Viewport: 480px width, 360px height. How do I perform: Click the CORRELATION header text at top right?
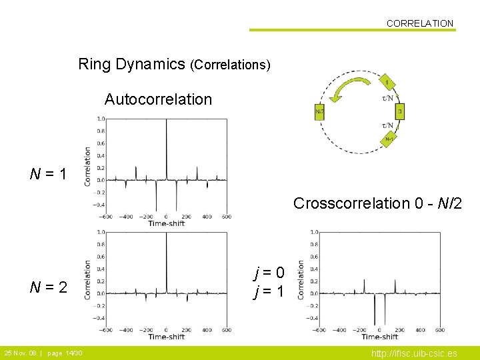pos(419,23)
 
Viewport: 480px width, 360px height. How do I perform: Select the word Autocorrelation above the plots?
pos(158,100)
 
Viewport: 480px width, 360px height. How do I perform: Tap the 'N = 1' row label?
pos(48,175)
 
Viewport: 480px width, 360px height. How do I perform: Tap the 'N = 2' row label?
pos(48,287)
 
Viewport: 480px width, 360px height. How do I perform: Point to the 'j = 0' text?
pos(269,272)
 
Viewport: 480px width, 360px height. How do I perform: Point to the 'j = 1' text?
pos(269,291)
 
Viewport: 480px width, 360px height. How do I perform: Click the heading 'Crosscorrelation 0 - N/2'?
pos(377,203)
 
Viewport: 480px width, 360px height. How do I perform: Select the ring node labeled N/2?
pos(319,111)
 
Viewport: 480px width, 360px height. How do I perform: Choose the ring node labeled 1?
pos(387,82)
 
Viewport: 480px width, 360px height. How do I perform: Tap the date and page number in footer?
pos(43,353)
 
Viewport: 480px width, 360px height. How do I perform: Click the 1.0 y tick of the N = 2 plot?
pos(100,232)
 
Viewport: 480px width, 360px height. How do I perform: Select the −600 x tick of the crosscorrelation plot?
pos(319,329)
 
